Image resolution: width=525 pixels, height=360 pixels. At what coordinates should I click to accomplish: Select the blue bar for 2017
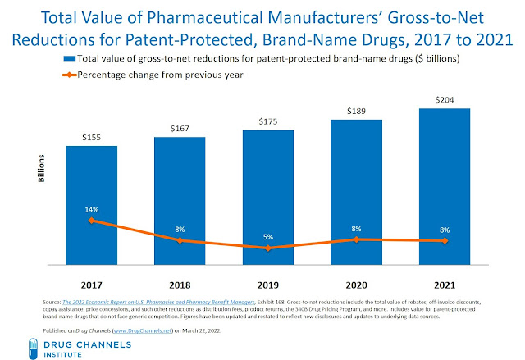coord(92,205)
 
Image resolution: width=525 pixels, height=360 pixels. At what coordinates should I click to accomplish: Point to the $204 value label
coord(444,100)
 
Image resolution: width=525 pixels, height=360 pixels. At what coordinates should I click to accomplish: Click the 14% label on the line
coord(92,209)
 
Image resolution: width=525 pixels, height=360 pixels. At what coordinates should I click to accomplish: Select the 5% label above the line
coord(268,237)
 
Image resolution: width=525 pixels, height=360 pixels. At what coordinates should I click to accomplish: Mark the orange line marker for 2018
coord(180,240)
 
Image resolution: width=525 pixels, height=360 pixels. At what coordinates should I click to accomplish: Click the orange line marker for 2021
coord(444,240)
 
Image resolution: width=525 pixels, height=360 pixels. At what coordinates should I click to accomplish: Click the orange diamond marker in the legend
coord(71,75)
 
